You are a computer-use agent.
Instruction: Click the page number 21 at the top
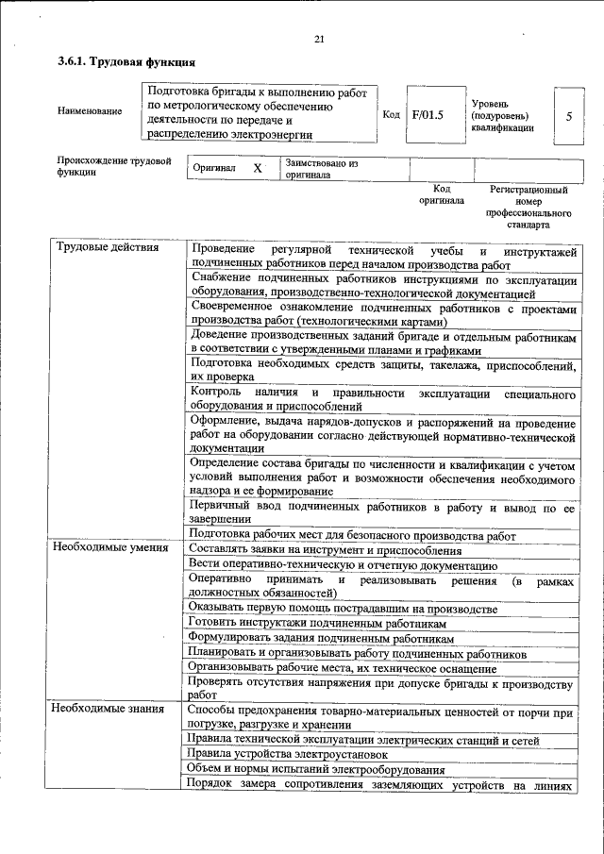(x=318, y=39)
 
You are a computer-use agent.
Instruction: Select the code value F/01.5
(x=428, y=114)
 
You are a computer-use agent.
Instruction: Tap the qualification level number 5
(x=568, y=116)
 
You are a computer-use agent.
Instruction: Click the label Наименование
(x=90, y=112)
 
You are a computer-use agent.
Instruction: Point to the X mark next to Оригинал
(x=258, y=168)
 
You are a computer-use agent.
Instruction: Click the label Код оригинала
(x=442, y=194)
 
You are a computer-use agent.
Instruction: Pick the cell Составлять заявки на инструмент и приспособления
(x=325, y=550)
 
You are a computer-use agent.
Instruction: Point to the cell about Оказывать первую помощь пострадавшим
(x=343, y=609)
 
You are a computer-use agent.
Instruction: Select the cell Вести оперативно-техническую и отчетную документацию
(x=344, y=564)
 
